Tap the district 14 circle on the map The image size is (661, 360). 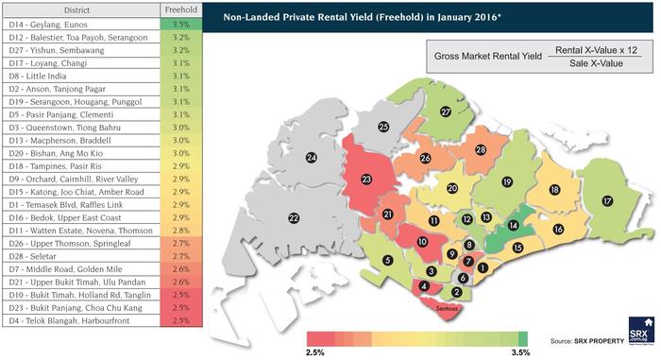point(513,226)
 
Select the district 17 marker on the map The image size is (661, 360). point(606,201)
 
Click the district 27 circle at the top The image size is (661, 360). point(444,111)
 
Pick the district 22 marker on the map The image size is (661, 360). point(294,217)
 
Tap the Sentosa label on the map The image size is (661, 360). point(449,308)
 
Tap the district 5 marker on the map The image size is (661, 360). point(387,261)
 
